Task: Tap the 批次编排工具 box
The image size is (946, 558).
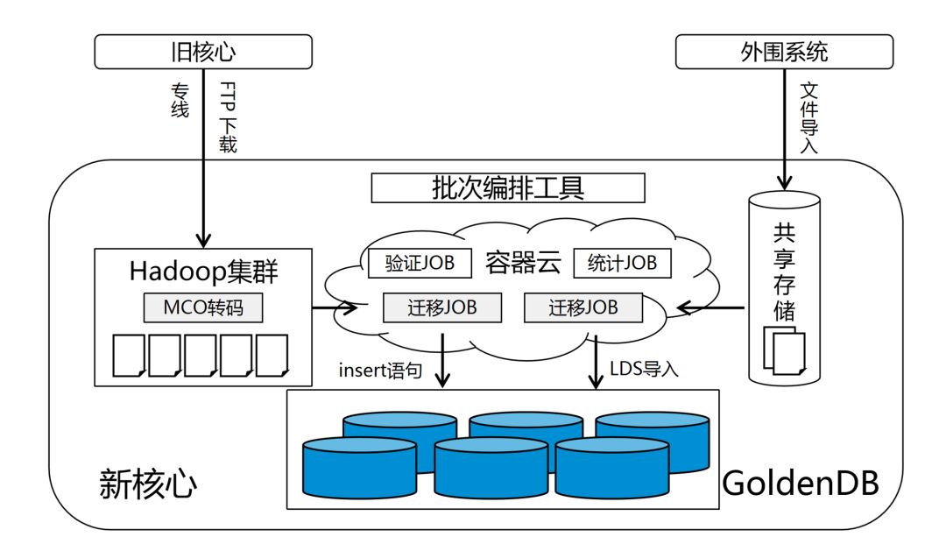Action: [508, 187]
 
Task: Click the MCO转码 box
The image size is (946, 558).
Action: [202, 308]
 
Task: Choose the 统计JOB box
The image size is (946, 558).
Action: [622, 263]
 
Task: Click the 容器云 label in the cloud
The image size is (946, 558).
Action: [523, 263]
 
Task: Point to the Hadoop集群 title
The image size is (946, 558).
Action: [203, 272]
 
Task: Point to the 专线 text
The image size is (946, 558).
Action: [179, 101]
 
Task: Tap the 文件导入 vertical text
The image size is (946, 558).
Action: [808, 118]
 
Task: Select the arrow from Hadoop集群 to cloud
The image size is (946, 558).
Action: [335, 307]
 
